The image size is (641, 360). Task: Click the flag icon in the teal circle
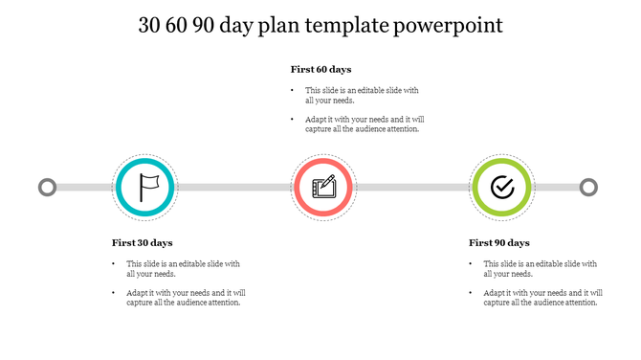[144, 187]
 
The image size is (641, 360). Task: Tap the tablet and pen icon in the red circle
[323, 187]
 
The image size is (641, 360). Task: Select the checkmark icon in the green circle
[501, 187]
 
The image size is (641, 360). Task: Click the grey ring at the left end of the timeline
[47, 187]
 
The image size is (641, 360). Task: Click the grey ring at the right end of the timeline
[588, 187]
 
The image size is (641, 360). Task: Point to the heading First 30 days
[142, 243]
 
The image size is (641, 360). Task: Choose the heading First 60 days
[320, 69]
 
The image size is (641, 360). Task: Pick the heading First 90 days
[498, 243]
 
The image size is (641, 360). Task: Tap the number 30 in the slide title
[152, 26]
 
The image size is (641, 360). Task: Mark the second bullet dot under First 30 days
[114, 293]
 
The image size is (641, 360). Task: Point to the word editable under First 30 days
[190, 263]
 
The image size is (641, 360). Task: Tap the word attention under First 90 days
[579, 303]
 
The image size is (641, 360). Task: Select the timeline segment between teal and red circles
[233, 187]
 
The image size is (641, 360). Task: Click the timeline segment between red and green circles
[412, 187]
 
